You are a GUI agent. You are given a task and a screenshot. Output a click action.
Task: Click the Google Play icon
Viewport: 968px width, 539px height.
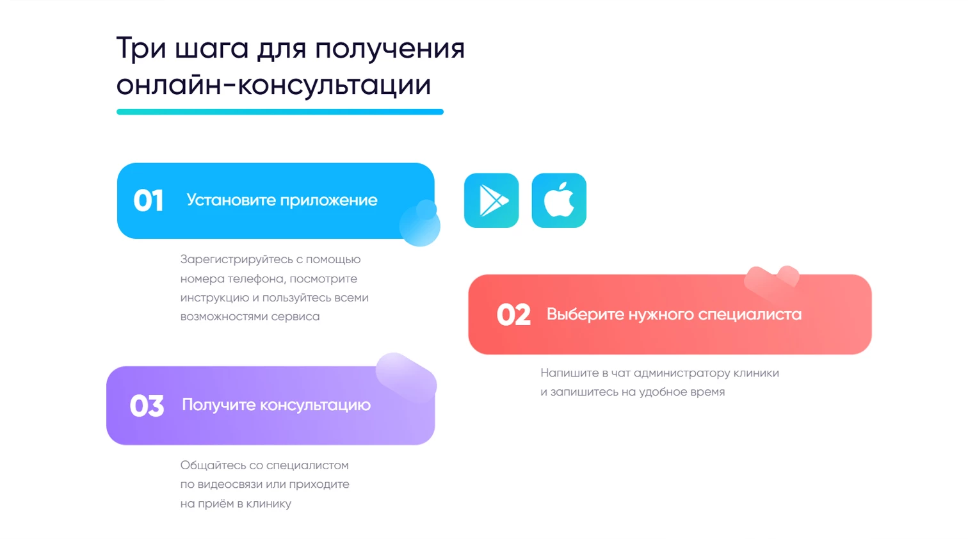pyautogui.click(x=491, y=200)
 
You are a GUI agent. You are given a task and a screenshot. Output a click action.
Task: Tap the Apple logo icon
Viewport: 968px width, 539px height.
pyautogui.click(x=559, y=200)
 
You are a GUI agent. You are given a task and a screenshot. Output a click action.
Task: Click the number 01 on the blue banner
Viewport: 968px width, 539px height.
pyautogui.click(x=149, y=200)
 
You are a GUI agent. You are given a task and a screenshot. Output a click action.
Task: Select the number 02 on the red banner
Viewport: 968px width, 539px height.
pyautogui.click(x=513, y=314)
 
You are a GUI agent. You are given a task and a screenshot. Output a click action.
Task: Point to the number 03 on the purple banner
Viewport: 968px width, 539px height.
pyautogui.click(x=147, y=405)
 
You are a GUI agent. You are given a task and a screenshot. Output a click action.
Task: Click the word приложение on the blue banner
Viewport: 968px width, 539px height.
pyautogui.click(x=329, y=200)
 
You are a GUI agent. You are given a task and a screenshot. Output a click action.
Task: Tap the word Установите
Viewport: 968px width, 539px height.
pyautogui.click(x=231, y=200)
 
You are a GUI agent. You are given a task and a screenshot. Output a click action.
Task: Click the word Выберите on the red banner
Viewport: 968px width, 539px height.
pyautogui.click(x=585, y=314)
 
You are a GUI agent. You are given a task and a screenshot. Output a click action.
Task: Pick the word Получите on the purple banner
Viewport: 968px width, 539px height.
pyautogui.click(x=218, y=405)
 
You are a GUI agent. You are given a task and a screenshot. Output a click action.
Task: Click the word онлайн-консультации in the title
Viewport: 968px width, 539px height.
pyautogui.click(x=274, y=84)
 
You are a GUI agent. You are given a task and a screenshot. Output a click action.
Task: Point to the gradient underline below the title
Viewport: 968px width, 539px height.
pyautogui.click(x=280, y=112)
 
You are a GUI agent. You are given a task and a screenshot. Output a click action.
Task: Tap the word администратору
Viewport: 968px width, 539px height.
pyautogui.click(x=682, y=373)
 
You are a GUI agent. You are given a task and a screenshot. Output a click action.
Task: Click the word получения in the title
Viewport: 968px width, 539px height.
pyautogui.click(x=391, y=49)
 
